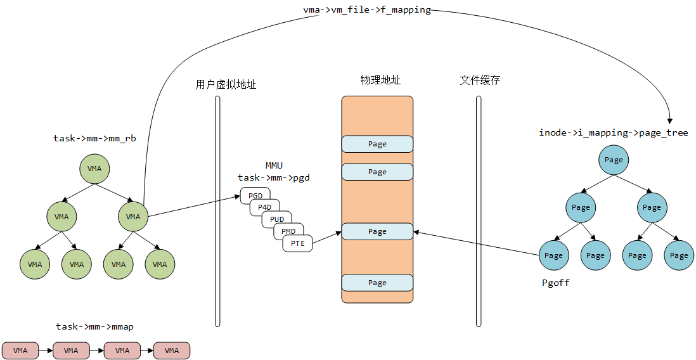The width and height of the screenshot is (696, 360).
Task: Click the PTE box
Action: [x=298, y=243]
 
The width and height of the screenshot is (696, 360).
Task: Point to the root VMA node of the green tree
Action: [x=94, y=168]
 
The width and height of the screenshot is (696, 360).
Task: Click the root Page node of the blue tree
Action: [x=614, y=160]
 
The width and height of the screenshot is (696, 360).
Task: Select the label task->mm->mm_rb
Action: [x=94, y=138]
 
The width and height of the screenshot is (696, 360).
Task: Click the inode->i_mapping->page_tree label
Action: [x=613, y=132]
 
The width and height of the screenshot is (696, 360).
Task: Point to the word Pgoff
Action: [x=555, y=283]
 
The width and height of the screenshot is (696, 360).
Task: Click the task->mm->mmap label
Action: [x=94, y=326]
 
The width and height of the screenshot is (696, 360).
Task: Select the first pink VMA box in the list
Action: [x=20, y=350]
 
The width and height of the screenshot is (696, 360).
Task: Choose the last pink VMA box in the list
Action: [x=172, y=350]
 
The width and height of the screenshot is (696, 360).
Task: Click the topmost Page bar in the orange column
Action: [x=377, y=144]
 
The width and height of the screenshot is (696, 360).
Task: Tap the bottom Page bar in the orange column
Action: [x=377, y=283]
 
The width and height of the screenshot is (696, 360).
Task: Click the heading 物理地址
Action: [x=380, y=80]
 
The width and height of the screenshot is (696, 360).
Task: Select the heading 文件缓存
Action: [x=480, y=80]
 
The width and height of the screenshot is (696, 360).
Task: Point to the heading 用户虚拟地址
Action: [x=226, y=84]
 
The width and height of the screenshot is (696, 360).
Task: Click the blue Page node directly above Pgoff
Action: [x=554, y=255]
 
